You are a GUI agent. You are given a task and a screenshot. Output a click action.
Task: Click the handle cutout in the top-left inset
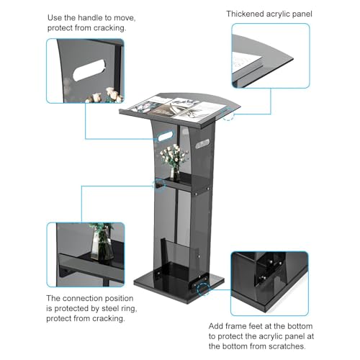pos(89,70)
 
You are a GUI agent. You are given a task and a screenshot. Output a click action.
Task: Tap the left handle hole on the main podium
pos(166,136)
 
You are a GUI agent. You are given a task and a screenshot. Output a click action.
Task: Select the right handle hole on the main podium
pos(203,145)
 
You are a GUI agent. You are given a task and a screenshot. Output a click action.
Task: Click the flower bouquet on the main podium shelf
pos(174,156)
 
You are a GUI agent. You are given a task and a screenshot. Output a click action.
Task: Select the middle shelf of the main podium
pos(185,182)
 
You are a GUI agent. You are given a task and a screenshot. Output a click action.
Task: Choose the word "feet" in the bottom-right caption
pos(264,326)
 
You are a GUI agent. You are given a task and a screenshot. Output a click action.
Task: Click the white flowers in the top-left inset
pos(106,95)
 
